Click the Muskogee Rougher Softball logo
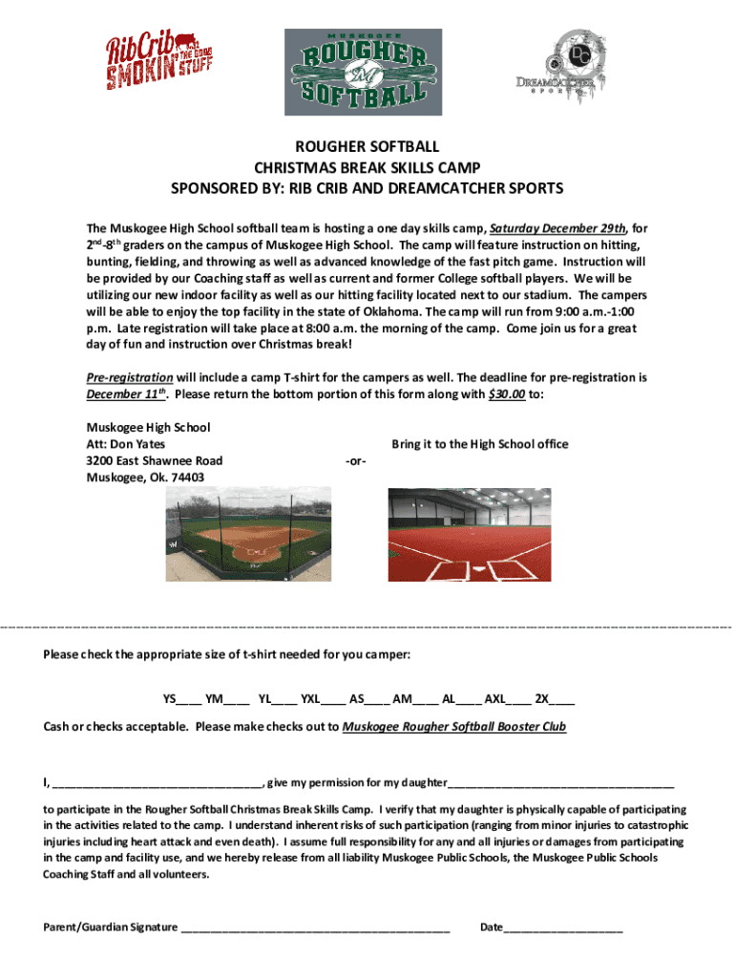click(363, 72)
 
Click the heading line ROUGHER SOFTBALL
click(367, 147)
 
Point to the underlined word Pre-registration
click(130, 377)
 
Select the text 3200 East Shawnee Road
click(155, 460)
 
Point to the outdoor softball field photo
click(250, 536)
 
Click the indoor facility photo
click(469, 536)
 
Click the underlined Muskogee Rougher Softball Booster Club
click(453, 727)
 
